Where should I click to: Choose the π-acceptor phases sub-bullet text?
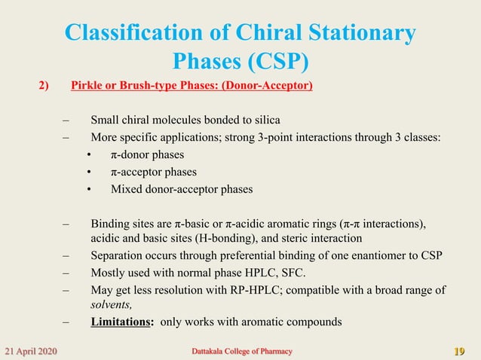click(154, 172)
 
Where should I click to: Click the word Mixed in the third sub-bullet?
click(127, 189)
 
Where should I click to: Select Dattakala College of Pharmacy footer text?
click(239, 351)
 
